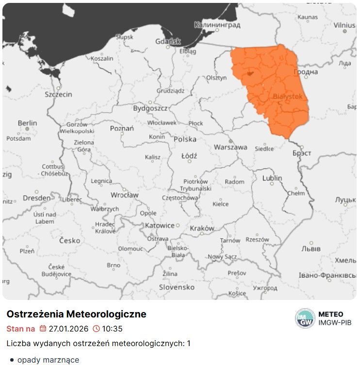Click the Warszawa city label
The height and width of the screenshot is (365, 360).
point(230,147)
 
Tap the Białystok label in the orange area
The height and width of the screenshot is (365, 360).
point(288,97)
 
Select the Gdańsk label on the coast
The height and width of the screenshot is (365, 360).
point(168,42)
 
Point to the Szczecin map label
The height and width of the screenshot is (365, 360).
point(58,94)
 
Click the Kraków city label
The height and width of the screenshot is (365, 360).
point(202,228)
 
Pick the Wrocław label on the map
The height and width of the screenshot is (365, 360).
point(124,195)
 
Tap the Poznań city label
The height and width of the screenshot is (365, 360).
point(122,129)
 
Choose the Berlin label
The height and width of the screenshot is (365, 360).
point(27,123)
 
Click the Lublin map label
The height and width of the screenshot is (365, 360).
point(272,178)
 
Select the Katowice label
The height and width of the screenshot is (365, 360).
point(160,225)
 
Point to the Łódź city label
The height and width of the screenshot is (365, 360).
point(189,156)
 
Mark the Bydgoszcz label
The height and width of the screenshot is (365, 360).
point(150,108)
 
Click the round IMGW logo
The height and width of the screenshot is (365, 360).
point(305,318)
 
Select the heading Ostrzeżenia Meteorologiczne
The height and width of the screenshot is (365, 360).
point(76,314)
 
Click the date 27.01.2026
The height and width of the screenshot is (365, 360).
point(68,329)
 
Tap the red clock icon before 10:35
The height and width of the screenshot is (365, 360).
point(96,329)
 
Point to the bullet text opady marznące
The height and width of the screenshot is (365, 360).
point(48,360)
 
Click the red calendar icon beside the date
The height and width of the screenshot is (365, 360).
point(43,329)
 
